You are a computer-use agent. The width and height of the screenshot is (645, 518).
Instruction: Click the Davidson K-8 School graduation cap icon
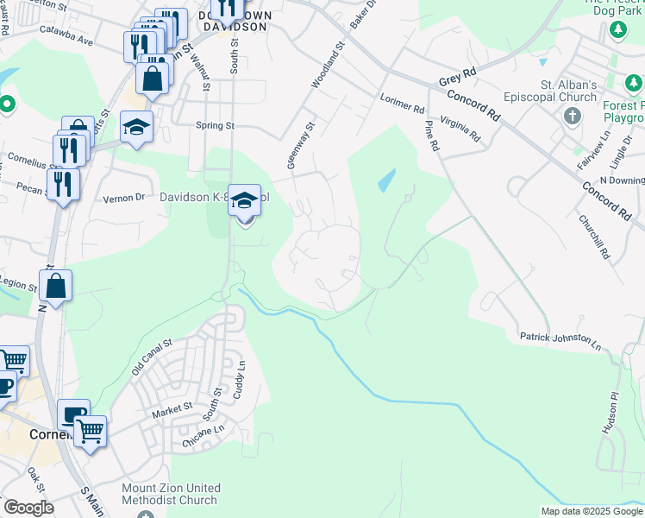[244, 199]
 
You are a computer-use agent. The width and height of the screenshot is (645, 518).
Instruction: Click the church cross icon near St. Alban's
[573, 115]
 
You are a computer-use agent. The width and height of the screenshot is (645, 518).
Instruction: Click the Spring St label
[216, 125]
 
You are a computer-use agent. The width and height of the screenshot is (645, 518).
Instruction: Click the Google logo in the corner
[28, 508]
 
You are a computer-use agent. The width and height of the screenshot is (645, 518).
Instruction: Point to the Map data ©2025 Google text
[591, 511]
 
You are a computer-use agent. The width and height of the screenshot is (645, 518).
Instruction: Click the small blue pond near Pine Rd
[386, 180]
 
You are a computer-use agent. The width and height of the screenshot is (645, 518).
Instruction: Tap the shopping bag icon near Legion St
[55, 287]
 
